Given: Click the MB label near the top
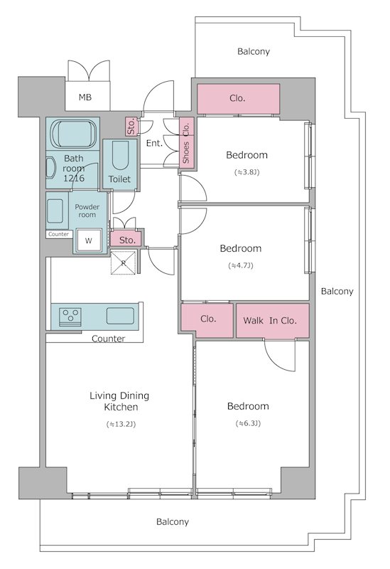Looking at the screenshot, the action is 85,97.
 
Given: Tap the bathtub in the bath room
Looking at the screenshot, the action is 74,134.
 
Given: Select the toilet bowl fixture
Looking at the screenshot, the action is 120,155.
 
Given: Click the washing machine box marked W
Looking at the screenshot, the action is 88,240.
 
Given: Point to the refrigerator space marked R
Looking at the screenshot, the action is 123,263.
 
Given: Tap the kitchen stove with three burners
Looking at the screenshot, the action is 70,315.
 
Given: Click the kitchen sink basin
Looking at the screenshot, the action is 120,316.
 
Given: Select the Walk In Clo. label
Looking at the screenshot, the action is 270,321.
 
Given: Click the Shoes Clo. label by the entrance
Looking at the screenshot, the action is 186,143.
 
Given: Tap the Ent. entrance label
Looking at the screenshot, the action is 154,144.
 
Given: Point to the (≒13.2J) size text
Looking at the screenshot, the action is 121,424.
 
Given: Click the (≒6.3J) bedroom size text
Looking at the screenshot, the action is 249,423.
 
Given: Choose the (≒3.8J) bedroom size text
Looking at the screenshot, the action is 247,172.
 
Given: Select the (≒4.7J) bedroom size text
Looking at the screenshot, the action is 241,265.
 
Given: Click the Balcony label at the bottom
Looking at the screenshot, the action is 173,522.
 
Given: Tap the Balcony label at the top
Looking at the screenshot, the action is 254,51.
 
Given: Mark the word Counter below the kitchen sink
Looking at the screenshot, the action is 109,339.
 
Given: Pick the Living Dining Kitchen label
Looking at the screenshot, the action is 119,401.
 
